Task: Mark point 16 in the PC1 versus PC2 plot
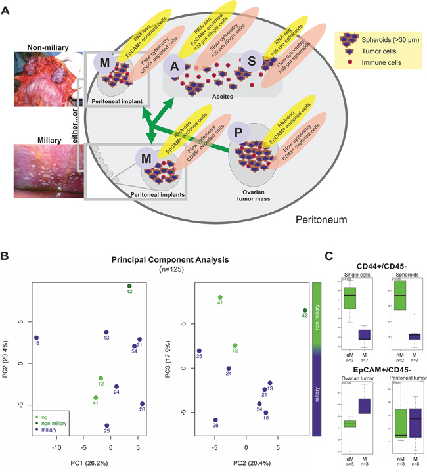pos(37,338)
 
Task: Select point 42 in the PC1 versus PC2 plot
pos(129,286)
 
